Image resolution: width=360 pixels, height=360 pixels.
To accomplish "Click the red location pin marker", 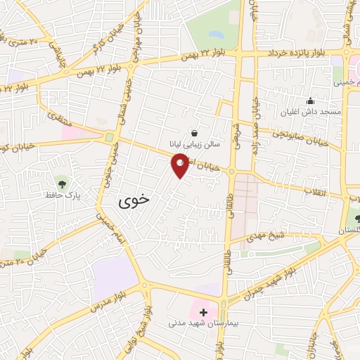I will [180, 166].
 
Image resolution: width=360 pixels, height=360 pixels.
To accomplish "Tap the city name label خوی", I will [135, 200].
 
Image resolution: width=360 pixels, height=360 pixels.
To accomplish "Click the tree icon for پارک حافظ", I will [64, 184].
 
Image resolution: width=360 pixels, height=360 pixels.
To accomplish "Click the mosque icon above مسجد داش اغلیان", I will [310, 101].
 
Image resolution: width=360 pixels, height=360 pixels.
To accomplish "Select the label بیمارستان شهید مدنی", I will [200, 324].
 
